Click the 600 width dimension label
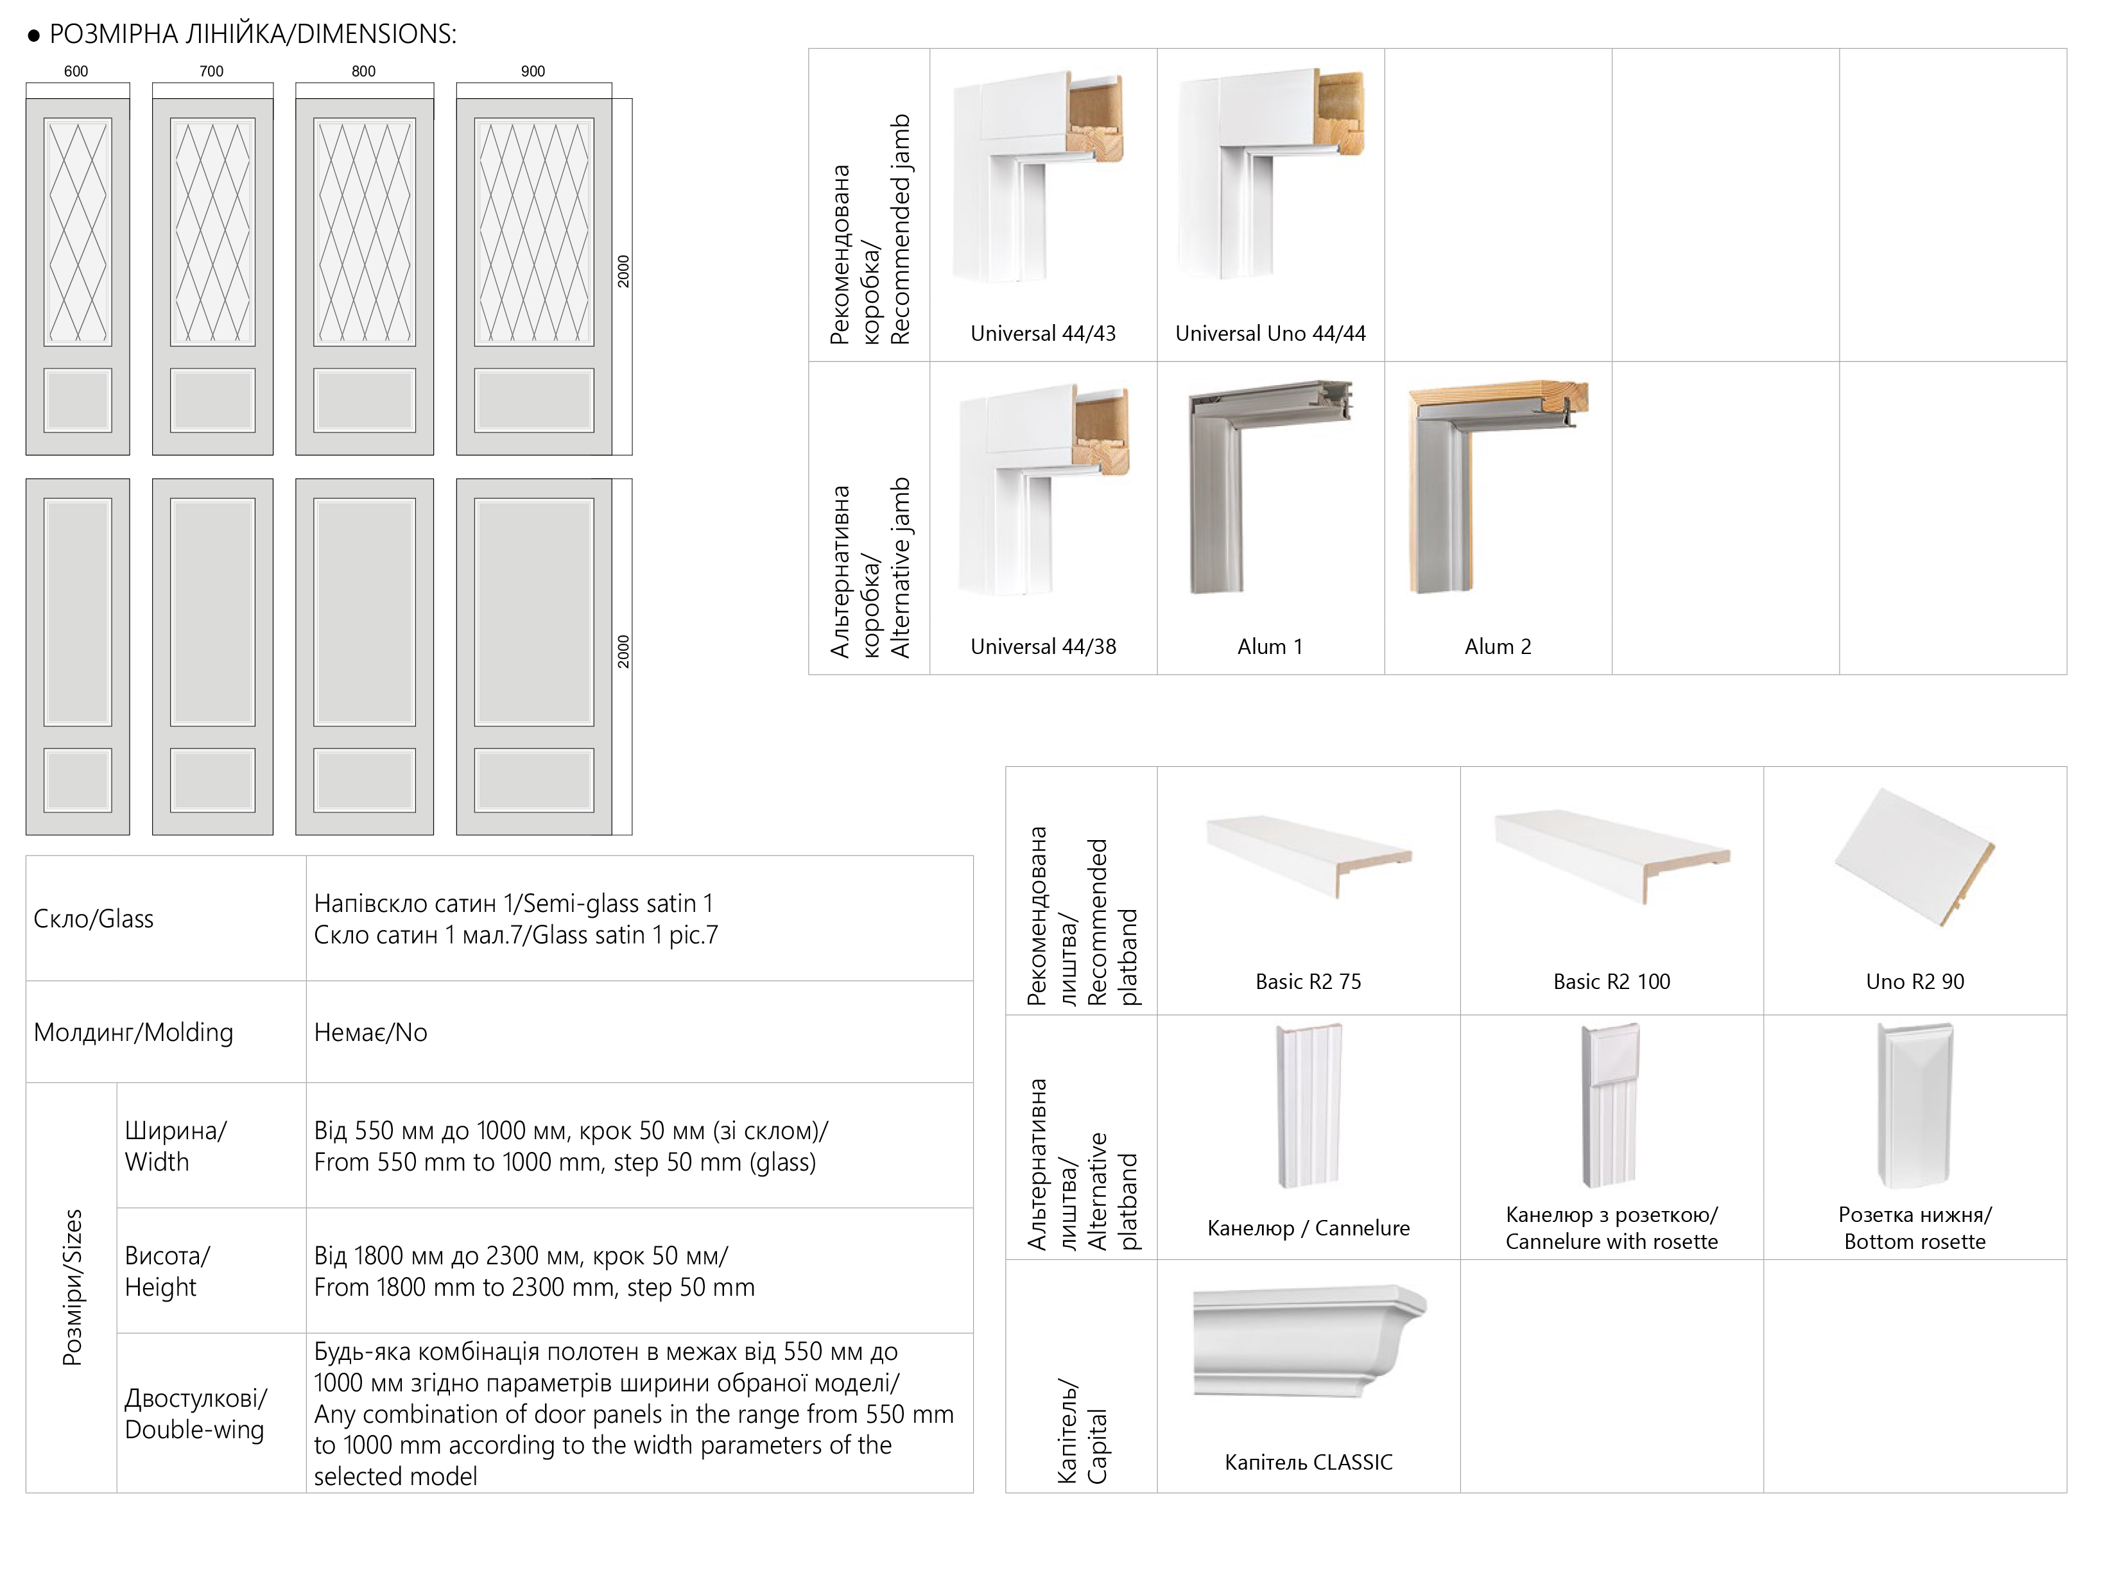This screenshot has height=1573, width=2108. (x=76, y=71)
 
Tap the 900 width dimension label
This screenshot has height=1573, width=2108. (x=533, y=71)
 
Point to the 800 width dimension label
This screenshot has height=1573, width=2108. (x=364, y=71)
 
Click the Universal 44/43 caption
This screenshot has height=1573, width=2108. (x=1042, y=333)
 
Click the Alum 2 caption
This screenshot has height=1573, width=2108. (x=1498, y=646)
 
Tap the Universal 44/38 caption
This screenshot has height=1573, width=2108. (x=1042, y=646)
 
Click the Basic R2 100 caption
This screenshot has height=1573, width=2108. (x=1611, y=982)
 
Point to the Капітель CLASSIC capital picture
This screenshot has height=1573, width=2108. (x=1308, y=1343)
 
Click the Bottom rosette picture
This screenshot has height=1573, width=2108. (x=1915, y=1105)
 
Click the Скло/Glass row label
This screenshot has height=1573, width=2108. (x=93, y=919)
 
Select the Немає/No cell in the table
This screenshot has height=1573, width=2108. (x=370, y=1032)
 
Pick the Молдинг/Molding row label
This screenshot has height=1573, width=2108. (x=134, y=1032)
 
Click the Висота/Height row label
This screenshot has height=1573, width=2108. (x=168, y=1271)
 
